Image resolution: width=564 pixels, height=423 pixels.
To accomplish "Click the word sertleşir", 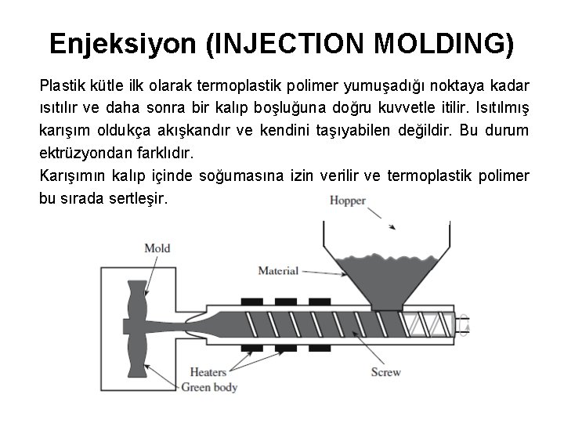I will (137, 198).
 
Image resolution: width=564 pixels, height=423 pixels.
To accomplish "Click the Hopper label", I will (348, 201).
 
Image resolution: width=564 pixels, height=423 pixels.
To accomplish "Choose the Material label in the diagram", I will (278, 271).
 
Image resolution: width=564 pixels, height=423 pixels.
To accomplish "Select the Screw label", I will (386, 371).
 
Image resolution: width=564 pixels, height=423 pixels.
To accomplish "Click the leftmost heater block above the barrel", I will (251, 301).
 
